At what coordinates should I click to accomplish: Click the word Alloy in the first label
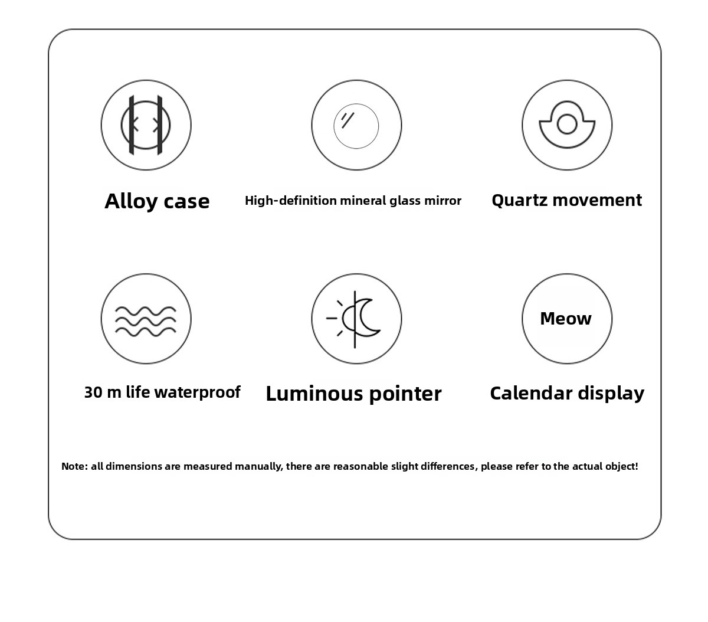pos(131,201)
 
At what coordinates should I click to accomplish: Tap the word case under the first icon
pos(186,202)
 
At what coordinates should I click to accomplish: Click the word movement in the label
pos(597,200)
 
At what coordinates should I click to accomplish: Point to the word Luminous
pos(314,394)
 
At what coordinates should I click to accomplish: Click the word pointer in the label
pos(405,394)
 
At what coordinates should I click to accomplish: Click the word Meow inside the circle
pos(566,319)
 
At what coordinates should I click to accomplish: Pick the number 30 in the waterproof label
pos(93,392)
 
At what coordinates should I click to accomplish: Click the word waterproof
pos(198,392)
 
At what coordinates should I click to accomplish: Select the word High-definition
pos(291,201)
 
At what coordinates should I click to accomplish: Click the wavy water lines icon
pos(146,321)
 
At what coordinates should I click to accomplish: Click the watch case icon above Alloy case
pos(146,125)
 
